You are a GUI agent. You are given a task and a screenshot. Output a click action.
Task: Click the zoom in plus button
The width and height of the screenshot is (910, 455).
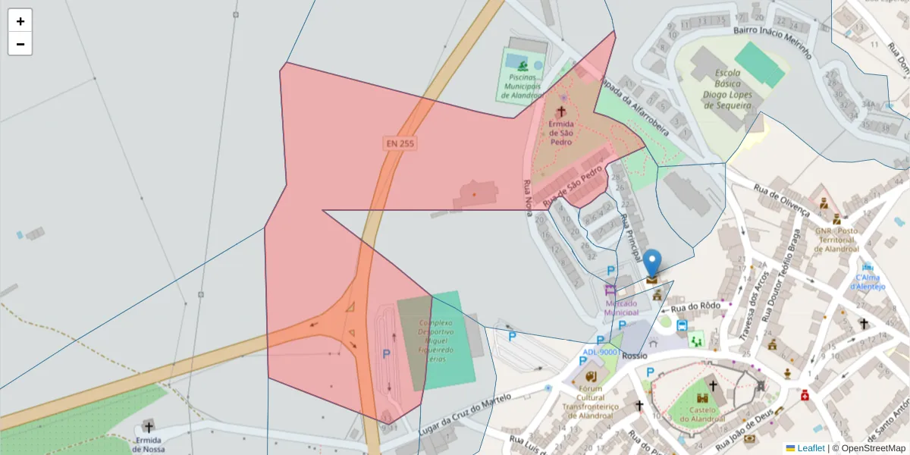click(20, 21)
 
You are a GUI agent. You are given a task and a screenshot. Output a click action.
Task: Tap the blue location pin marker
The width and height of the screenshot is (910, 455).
click(652, 263)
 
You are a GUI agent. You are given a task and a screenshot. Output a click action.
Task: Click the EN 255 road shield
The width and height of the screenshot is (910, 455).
click(400, 143)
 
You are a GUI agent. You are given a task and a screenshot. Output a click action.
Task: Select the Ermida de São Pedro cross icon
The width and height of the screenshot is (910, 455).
click(561, 111)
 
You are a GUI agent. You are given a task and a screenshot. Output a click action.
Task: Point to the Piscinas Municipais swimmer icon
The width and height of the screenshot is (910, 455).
click(522, 65)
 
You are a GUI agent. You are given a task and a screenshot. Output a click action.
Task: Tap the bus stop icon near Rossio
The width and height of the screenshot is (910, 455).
click(682, 325)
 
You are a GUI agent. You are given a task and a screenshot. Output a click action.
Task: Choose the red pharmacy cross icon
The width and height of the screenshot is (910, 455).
click(805, 395)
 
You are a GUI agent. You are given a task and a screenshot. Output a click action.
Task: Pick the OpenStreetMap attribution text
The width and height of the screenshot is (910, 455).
click(869, 448)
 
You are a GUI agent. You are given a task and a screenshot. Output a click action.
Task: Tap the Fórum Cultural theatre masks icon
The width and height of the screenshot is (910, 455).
click(591, 375)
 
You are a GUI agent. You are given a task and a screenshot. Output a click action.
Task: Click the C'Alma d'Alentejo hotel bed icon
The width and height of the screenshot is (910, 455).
click(868, 268)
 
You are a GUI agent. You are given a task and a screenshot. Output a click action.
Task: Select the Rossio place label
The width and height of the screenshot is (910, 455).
click(634, 355)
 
